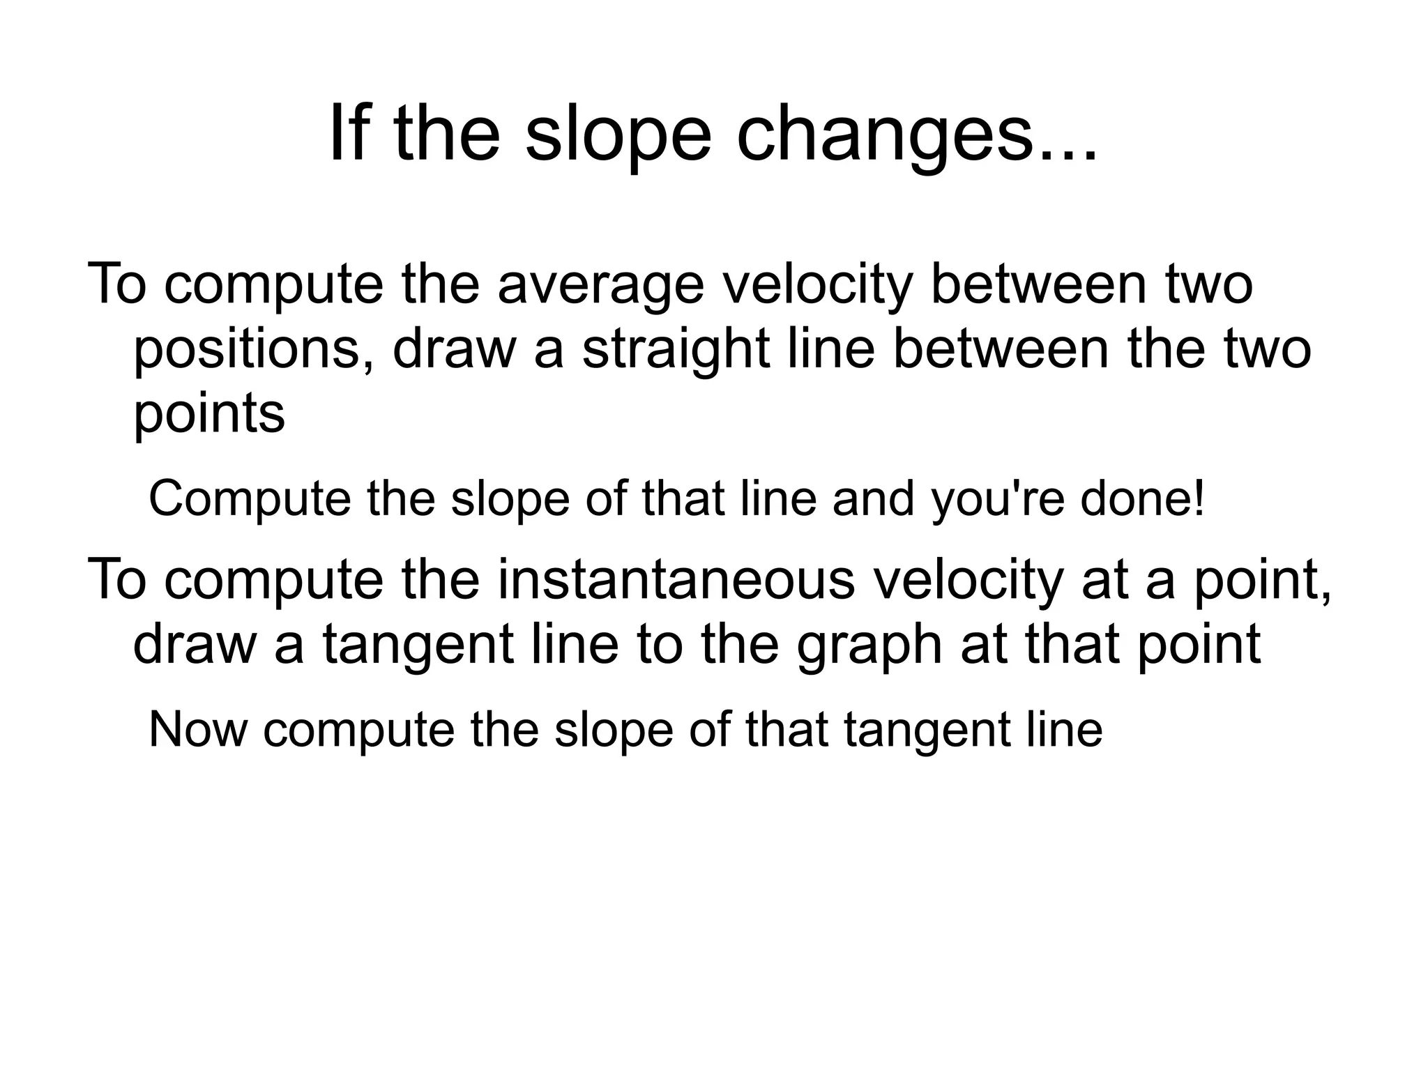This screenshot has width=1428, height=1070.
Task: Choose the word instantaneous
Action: pyautogui.click(x=676, y=579)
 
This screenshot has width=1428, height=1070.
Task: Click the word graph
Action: pyautogui.click(x=870, y=645)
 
